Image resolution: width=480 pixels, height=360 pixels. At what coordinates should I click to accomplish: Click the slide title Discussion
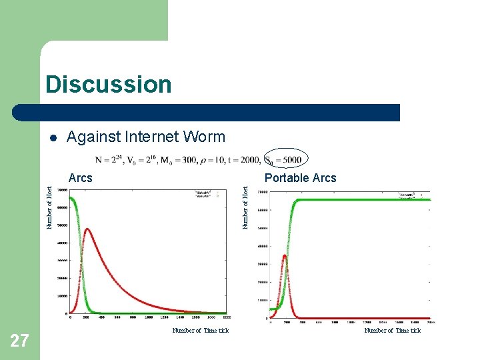click(x=108, y=85)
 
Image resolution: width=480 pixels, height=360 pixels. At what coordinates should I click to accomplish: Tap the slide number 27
click(x=19, y=341)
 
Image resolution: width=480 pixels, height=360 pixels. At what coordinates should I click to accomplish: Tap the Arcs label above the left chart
click(x=81, y=178)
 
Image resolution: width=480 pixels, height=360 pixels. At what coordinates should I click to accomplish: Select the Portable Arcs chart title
click(x=300, y=178)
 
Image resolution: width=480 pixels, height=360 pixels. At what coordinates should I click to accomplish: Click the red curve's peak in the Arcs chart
click(x=87, y=229)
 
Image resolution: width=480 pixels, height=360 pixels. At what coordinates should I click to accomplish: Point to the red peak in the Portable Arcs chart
click(x=285, y=255)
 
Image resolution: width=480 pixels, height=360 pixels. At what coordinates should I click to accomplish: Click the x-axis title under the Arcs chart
click(x=200, y=331)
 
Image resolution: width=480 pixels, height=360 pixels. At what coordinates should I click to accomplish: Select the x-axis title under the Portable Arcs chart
click(x=392, y=331)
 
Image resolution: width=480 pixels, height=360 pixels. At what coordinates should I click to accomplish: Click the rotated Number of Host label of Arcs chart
click(x=50, y=207)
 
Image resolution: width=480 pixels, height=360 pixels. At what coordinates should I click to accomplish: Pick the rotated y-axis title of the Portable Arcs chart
click(x=245, y=207)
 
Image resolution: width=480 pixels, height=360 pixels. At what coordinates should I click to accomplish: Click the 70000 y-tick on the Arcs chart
click(x=61, y=190)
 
